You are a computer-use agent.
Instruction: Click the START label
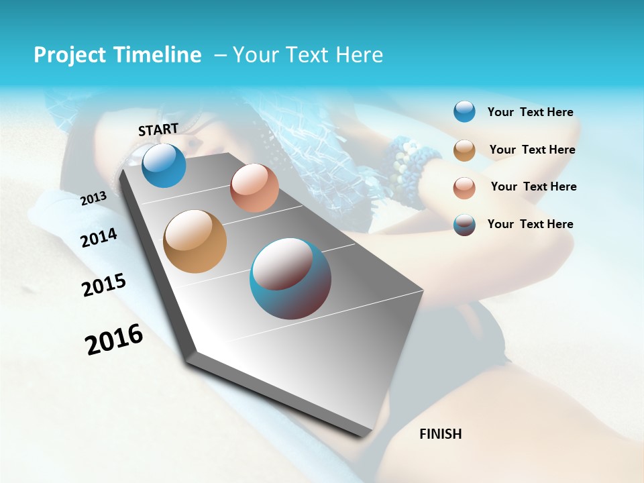pos(158,129)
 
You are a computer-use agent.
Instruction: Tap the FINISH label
pos(440,434)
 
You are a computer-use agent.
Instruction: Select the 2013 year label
pos(93,198)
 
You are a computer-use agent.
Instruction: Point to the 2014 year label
pos(99,237)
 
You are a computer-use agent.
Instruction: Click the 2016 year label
pos(114,339)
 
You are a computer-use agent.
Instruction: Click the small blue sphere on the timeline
pos(164,165)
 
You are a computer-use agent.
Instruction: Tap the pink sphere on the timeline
pos(254,188)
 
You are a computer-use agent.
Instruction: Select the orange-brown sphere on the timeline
pos(195,241)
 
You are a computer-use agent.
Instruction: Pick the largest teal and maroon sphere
pos(290,278)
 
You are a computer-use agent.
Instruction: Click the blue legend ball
pos(464,111)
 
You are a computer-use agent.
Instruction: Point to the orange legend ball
pos(464,150)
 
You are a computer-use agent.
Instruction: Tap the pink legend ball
pos(464,187)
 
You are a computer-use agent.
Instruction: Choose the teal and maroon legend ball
pos(464,225)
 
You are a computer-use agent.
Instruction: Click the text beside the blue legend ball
pos(530,113)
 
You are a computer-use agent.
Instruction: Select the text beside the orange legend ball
pos(532,150)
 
